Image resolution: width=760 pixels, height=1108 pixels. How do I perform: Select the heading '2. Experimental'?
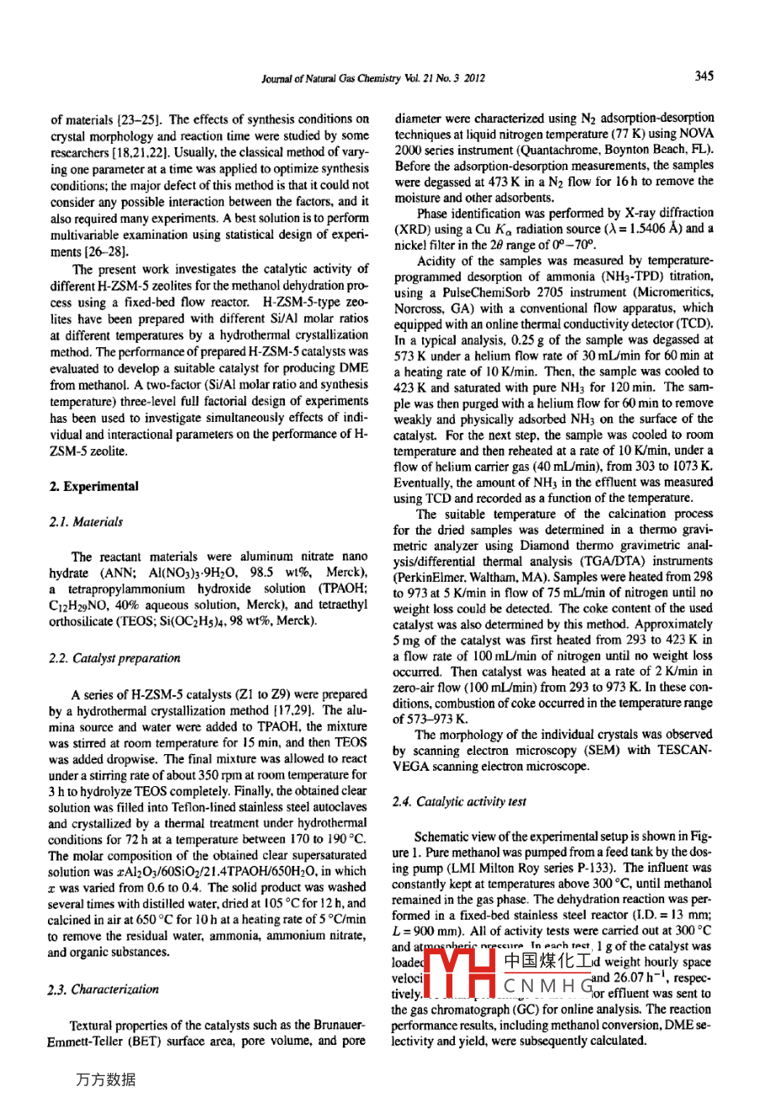94,486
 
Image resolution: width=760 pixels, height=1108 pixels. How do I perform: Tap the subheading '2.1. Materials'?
87,521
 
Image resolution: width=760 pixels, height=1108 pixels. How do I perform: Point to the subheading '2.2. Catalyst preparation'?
116,658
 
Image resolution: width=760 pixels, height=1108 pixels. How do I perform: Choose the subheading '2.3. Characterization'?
104,989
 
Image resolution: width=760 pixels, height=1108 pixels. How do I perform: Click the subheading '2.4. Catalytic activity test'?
459,801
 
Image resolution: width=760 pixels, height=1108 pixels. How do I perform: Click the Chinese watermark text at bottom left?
106,1079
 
